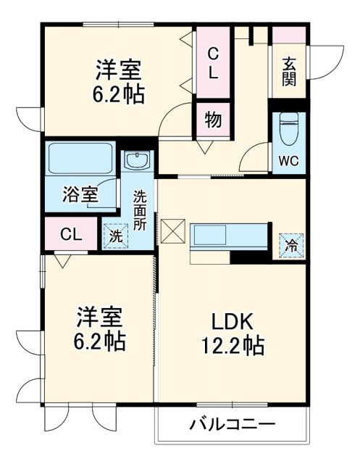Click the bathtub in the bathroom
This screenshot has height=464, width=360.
(80, 157)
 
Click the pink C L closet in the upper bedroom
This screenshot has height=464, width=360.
(213, 64)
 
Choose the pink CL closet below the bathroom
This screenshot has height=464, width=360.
(70, 234)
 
